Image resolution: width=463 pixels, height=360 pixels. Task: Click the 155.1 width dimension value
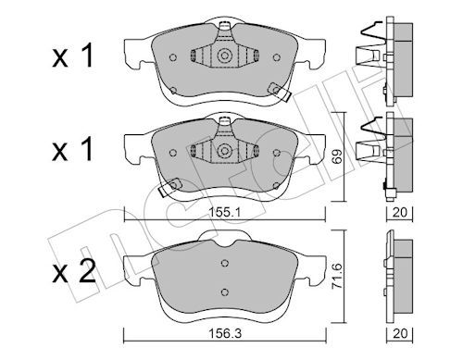224,212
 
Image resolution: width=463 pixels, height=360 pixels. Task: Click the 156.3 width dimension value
224,333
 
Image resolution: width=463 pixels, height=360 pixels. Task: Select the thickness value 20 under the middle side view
400,212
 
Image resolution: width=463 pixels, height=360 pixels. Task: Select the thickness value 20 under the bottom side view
400,333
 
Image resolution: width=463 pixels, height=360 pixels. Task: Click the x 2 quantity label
74,271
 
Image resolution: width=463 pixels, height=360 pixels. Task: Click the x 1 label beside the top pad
73,56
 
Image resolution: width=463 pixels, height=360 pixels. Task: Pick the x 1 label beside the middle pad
73,150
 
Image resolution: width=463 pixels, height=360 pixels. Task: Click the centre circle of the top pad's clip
224,56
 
